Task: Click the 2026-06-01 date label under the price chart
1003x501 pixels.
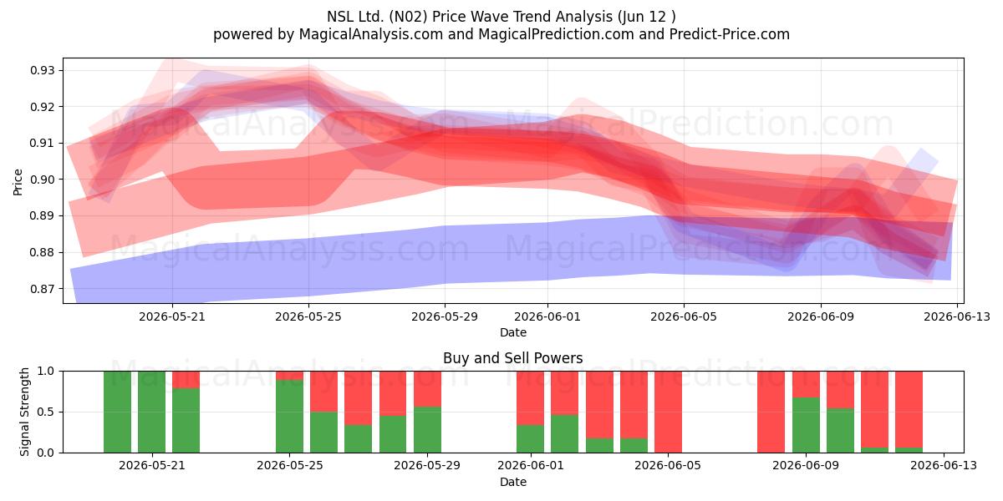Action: tap(547, 316)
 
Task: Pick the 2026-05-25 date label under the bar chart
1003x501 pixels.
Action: tap(290, 466)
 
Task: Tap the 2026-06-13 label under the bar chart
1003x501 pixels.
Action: tap(944, 466)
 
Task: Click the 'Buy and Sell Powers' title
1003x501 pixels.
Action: tap(513, 358)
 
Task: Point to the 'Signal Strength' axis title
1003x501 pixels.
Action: tap(24, 412)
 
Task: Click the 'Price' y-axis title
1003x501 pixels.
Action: tap(18, 182)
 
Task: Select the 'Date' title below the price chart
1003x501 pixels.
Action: tap(513, 332)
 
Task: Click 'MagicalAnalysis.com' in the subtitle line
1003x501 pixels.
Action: tap(371, 34)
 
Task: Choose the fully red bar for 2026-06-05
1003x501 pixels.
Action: tap(668, 412)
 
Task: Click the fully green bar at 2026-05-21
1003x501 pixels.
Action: tap(151, 412)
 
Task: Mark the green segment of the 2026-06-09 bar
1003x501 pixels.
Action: tap(806, 425)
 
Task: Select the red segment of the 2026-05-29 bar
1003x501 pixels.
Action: tap(427, 389)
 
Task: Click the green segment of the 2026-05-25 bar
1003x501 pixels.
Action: tap(290, 416)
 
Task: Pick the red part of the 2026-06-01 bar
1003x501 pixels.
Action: tap(530, 398)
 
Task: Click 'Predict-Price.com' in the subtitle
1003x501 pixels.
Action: tap(730, 34)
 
